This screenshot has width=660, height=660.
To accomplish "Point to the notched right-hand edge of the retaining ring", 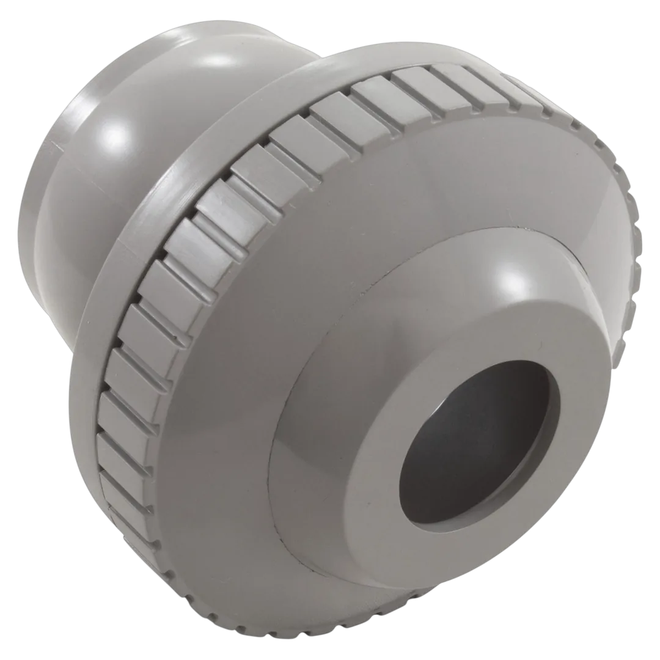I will tap(636, 275).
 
